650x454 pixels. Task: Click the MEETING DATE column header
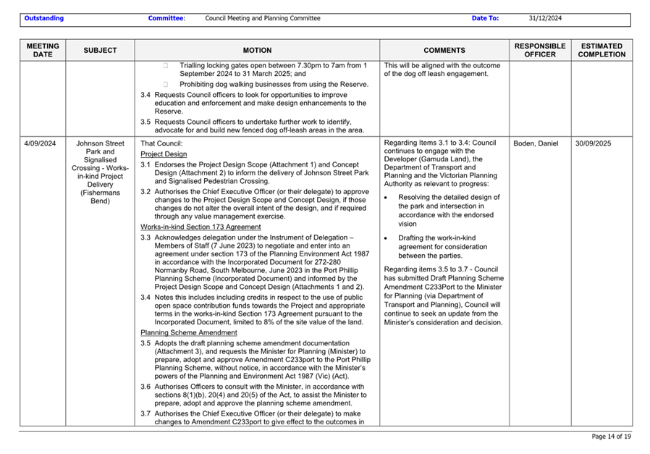tap(43, 50)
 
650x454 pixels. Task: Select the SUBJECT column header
tap(100, 51)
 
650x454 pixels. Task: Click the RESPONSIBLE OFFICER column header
tap(540, 50)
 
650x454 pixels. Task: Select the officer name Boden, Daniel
tap(536, 143)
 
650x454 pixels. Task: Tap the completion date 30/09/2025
tap(594, 143)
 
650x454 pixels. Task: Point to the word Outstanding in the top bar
tap(43, 18)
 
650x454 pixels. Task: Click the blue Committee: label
tap(166, 18)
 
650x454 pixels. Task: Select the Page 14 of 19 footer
tap(611, 437)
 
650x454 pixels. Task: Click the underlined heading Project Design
tap(164, 154)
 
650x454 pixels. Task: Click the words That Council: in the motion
tap(161, 143)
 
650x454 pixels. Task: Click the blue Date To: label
tap(485, 18)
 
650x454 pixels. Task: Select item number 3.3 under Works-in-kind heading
tap(145, 237)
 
